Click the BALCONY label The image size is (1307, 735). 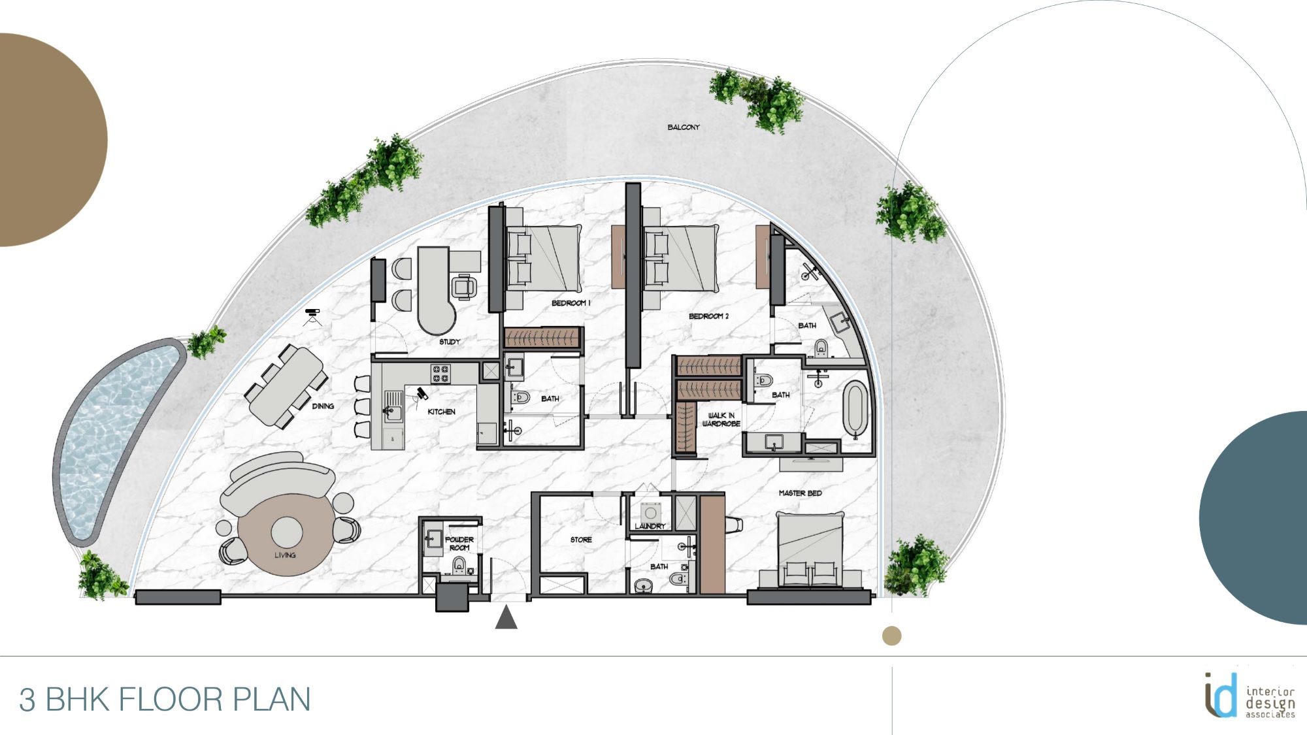pos(683,127)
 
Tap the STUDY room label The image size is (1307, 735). pos(450,342)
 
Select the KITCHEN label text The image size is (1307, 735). pos(441,412)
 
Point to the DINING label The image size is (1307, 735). pos(323,406)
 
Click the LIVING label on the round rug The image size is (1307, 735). pos(285,555)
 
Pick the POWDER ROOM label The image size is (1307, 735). pos(459,544)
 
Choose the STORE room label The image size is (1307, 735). pos(581,540)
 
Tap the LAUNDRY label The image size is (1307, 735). pos(650,526)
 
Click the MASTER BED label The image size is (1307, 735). pos(800,493)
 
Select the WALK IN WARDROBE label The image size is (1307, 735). pos(721,419)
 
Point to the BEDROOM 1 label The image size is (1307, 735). pos(571,303)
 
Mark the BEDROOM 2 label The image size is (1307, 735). pos(708,316)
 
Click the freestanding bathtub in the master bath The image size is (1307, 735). pos(855,409)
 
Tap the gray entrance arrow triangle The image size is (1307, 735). pos(506,618)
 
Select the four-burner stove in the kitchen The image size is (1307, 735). pos(440,374)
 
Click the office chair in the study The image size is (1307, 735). pos(463,286)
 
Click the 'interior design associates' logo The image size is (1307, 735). pos(1248,696)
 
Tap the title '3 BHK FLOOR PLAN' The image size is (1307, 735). pos(165,700)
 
